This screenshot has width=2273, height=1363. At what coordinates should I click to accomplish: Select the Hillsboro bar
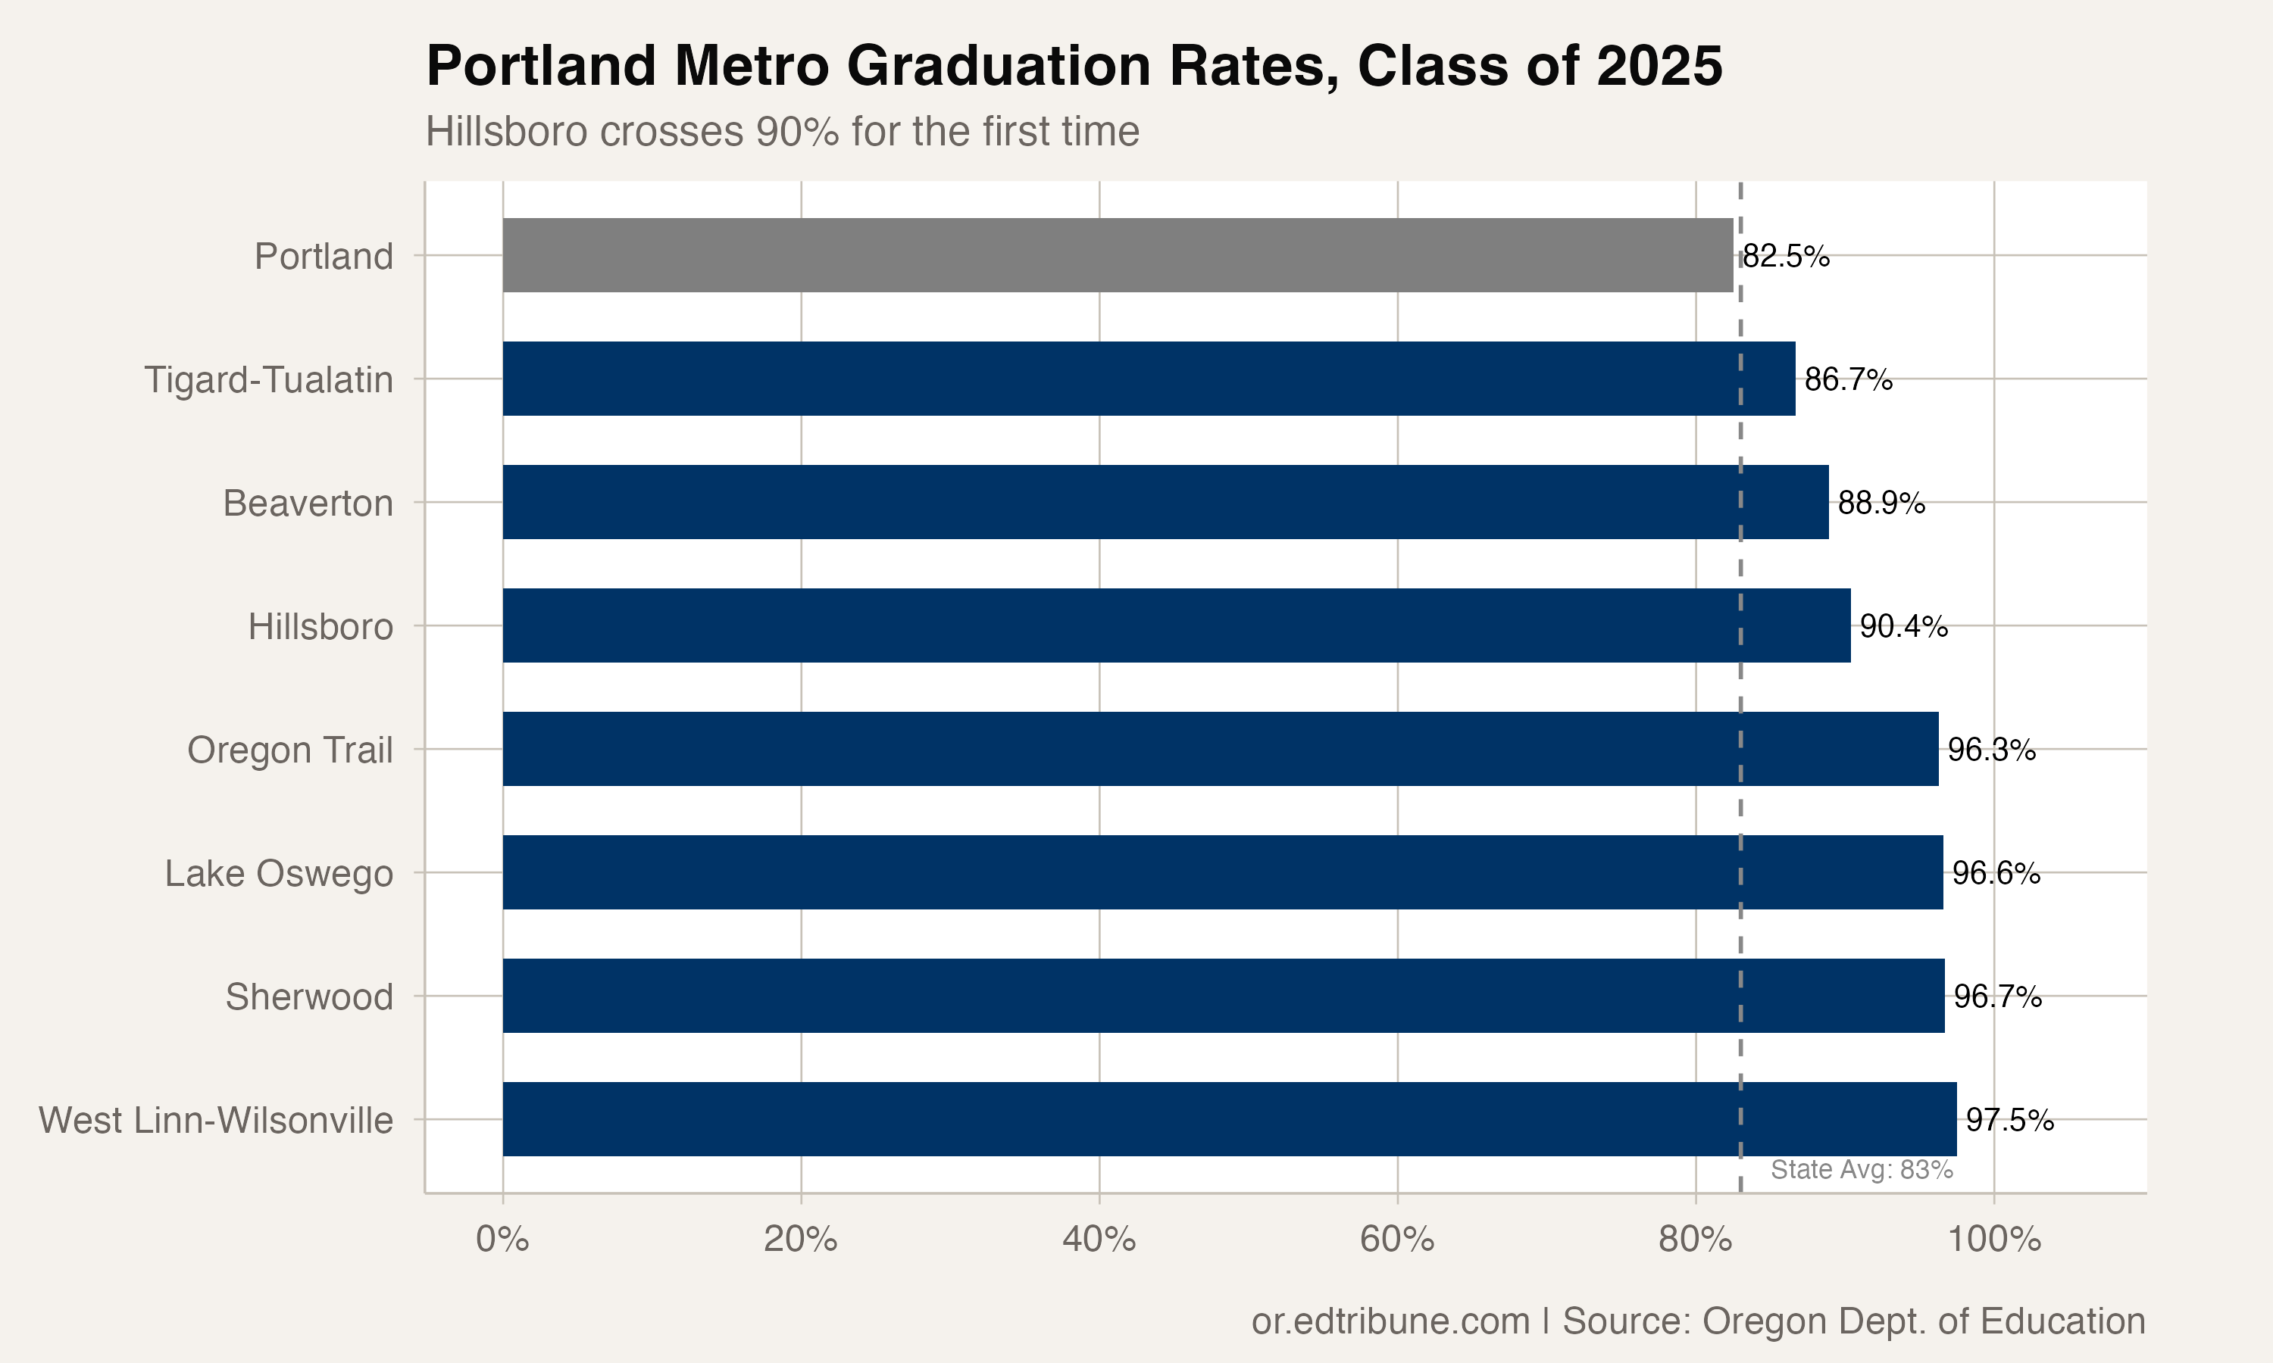point(1176,625)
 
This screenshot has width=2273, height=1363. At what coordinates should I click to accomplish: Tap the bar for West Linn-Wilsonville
point(1228,1118)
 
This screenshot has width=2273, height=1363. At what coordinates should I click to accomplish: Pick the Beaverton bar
point(1165,501)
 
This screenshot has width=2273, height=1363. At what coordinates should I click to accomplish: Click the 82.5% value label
point(1785,256)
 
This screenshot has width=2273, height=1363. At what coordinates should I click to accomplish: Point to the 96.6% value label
point(1996,872)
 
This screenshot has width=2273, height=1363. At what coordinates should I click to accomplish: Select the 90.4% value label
point(1903,626)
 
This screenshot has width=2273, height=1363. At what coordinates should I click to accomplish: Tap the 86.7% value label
point(1848,379)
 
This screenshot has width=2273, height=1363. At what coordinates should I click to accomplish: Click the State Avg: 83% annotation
point(1862,1169)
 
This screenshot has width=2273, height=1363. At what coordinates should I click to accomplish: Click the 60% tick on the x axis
point(1396,1240)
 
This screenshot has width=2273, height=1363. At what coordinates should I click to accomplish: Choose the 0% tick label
point(502,1240)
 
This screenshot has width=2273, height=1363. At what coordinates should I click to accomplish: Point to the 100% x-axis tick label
point(1993,1240)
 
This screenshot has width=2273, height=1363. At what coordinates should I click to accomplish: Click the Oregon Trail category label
point(289,750)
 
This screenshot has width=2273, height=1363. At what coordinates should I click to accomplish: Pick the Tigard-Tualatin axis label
point(268,379)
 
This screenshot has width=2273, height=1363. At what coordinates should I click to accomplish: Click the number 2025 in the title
point(1659,66)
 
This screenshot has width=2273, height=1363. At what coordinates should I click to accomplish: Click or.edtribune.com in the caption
point(1390,1321)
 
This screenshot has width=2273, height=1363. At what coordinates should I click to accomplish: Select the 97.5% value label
point(2009,1120)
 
